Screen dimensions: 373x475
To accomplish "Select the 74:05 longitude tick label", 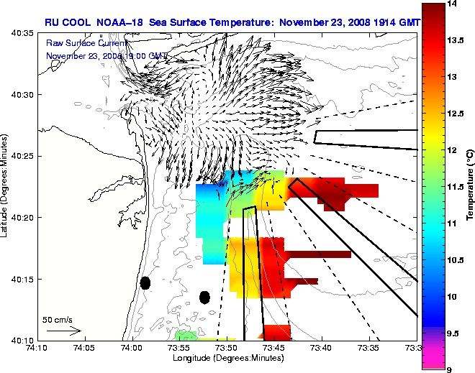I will pos(83,348).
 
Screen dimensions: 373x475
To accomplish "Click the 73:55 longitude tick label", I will pos(178,348).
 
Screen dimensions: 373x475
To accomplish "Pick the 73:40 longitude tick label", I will pos(321,348).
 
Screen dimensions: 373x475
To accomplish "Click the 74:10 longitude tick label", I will pos(36,348).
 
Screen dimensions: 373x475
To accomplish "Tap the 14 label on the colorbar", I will pos(453,4).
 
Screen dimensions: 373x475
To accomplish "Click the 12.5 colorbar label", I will pos(456,114).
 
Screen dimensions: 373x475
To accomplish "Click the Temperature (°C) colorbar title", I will pos(469,187).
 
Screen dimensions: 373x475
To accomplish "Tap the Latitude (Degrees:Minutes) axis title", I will pos(6,187).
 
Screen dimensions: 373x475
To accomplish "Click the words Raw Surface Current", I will pos(80,43).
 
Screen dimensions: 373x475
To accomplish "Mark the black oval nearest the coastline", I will pos(145,282).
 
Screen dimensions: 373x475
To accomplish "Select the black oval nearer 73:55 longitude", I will pos(204,297).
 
